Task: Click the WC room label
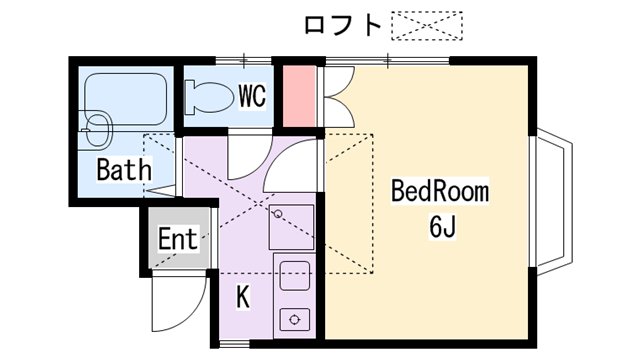pyautogui.click(x=252, y=96)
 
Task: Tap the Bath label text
pyautogui.click(x=124, y=169)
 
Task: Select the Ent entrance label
pyautogui.click(x=178, y=238)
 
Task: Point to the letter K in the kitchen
pyautogui.click(x=243, y=297)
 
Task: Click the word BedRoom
pyautogui.click(x=440, y=191)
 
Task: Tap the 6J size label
pyautogui.click(x=442, y=226)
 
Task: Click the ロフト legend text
pyautogui.click(x=343, y=25)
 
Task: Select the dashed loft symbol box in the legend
pyautogui.click(x=427, y=26)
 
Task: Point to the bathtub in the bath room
pyautogui.click(x=126, y=99)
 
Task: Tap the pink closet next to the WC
pyautogui.click(x=299, y=96)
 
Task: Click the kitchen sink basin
pyautogui.click(x=294, y=276)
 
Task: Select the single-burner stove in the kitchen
pyautogui.click(x=294, y=319)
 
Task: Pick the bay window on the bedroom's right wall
pyautogui.click(x=552, y=202)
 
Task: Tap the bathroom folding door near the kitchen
pyautogui.click(x=161, y=191)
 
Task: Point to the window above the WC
pyautogui.click(x=244, y=61)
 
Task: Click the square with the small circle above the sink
pyautogui.click(x=291, y=227)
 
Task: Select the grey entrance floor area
pyautogui.click(x=179, y=238)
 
